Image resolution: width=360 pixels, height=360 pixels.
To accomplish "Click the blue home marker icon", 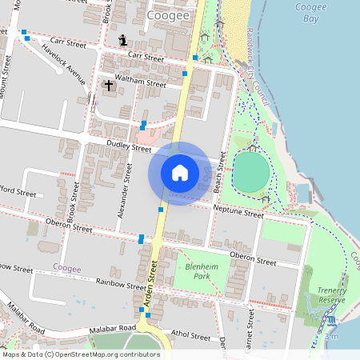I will click(x=179, y=173).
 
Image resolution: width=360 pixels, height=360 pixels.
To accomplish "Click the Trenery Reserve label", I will click(x=330, y=295).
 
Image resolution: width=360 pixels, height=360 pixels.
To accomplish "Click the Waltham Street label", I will click(x=140, y=82).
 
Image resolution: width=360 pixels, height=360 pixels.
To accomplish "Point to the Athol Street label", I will click(x=191, y=337).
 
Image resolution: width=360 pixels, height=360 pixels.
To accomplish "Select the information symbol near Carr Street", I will click(x=122, y=39).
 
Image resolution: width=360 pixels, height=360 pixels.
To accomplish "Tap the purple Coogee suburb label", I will click(x=66, y=268).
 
